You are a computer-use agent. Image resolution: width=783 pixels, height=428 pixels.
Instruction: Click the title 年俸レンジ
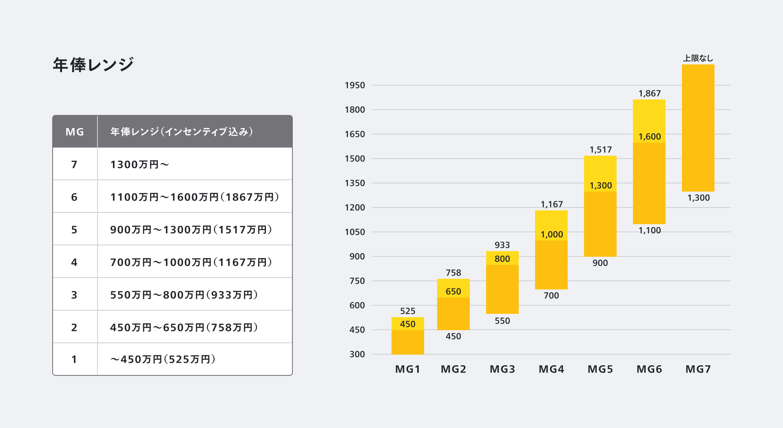(93, 65)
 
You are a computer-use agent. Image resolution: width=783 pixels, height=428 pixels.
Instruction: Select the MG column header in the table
(75, 132)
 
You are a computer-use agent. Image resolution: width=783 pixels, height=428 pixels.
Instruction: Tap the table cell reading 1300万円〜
(139, 164)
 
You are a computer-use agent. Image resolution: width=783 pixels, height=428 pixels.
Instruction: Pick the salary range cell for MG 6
(195, 197)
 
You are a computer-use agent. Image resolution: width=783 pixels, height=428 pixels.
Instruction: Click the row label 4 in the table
(74, 262)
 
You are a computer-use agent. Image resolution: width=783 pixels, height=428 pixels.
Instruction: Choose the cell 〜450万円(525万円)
(163, 359)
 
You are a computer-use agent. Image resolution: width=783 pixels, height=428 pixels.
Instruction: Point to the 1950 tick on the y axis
(355, 85)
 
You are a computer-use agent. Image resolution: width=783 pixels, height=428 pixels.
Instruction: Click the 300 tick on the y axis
(357, 354)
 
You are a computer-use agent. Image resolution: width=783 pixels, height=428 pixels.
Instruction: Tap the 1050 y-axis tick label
(355, 232)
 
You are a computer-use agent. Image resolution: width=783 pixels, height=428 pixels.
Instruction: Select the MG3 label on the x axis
(502, 369)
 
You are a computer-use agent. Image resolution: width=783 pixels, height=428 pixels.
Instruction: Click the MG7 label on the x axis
(698, 369)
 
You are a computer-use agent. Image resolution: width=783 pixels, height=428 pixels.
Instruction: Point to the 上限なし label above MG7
(698, 58)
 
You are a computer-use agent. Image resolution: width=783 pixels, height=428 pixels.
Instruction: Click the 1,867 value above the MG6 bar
(649, 93)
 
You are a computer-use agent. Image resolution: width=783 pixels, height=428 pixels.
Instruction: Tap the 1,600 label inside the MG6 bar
(649, 137)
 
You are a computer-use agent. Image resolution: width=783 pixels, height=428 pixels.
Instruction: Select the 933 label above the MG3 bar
(502, 245)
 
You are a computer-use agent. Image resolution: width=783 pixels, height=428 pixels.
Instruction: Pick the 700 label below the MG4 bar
(551, 296)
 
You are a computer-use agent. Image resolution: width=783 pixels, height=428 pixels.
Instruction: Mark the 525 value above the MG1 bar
(407, 311)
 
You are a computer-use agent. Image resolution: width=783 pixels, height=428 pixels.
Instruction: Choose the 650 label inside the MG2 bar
(453, 291)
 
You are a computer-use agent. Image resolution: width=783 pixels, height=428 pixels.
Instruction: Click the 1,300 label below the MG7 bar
(698, 198)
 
